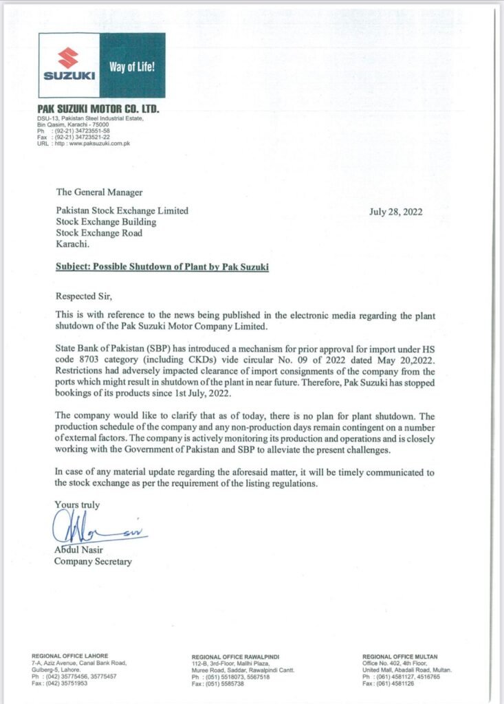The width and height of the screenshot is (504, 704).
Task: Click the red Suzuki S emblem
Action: pos(68,56)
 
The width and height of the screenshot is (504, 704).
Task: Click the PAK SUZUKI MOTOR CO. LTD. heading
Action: pos(98,110)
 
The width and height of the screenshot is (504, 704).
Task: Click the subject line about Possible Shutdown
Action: pos(162,267)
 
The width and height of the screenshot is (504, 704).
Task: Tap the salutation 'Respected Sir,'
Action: pos(82,296)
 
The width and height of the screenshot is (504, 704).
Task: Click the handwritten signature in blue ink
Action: pos(96,530)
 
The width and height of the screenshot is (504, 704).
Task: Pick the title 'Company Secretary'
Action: pos(93,562)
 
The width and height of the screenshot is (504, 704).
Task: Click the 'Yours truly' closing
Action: pos(77,505)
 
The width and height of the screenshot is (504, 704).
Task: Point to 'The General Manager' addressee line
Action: pos(99,192)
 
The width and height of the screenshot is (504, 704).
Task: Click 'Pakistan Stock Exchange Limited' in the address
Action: pos(122,211)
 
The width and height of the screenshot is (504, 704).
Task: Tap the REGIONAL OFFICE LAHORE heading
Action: pos(70,656)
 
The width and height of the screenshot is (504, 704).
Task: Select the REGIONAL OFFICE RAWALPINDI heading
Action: pos(236,657)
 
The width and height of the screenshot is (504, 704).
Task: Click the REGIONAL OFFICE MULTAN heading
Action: pos(399,656)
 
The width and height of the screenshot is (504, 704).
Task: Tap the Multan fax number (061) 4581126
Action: pos(395,683)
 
